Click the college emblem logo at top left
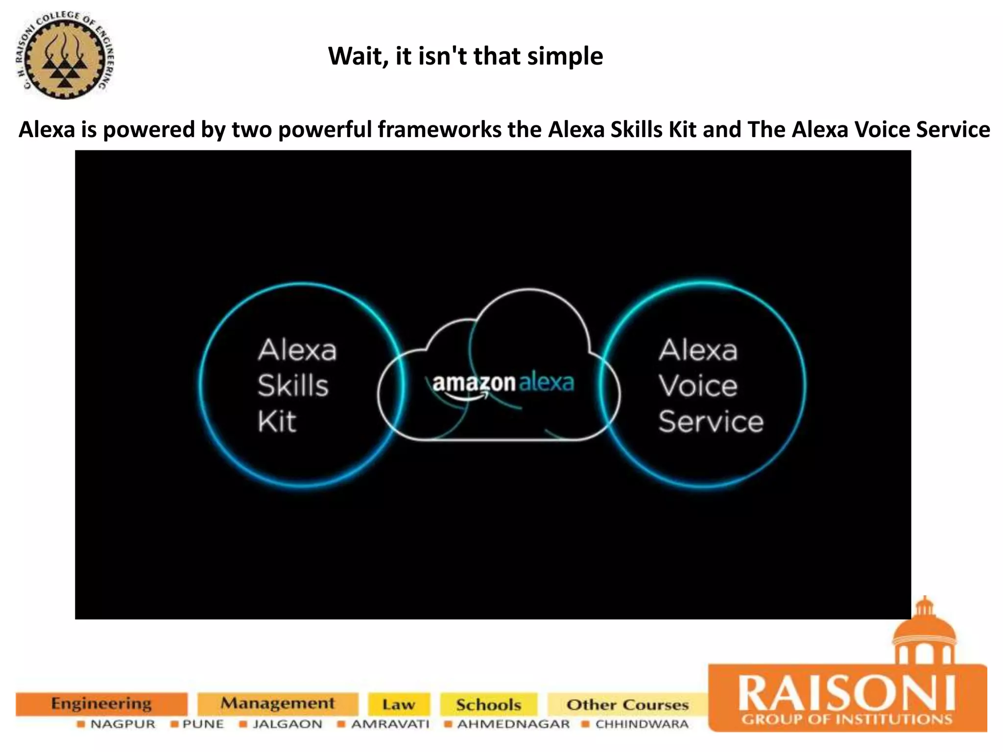[65, 55]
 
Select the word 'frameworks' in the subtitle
[439, 130]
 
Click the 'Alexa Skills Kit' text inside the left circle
[297, 385]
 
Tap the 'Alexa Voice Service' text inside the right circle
[710, 385]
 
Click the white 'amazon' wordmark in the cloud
[474, 383]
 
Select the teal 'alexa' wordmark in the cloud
[546, 382]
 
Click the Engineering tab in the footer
[101, 704]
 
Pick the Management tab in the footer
[278, 704]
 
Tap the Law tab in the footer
[399, 705]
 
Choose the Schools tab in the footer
[488, 705]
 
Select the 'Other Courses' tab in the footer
[627, 705]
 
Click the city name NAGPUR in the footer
[122, 724]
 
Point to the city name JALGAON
[287, 724]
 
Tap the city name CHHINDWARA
[642, 724]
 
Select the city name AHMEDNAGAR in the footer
[513, 724]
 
